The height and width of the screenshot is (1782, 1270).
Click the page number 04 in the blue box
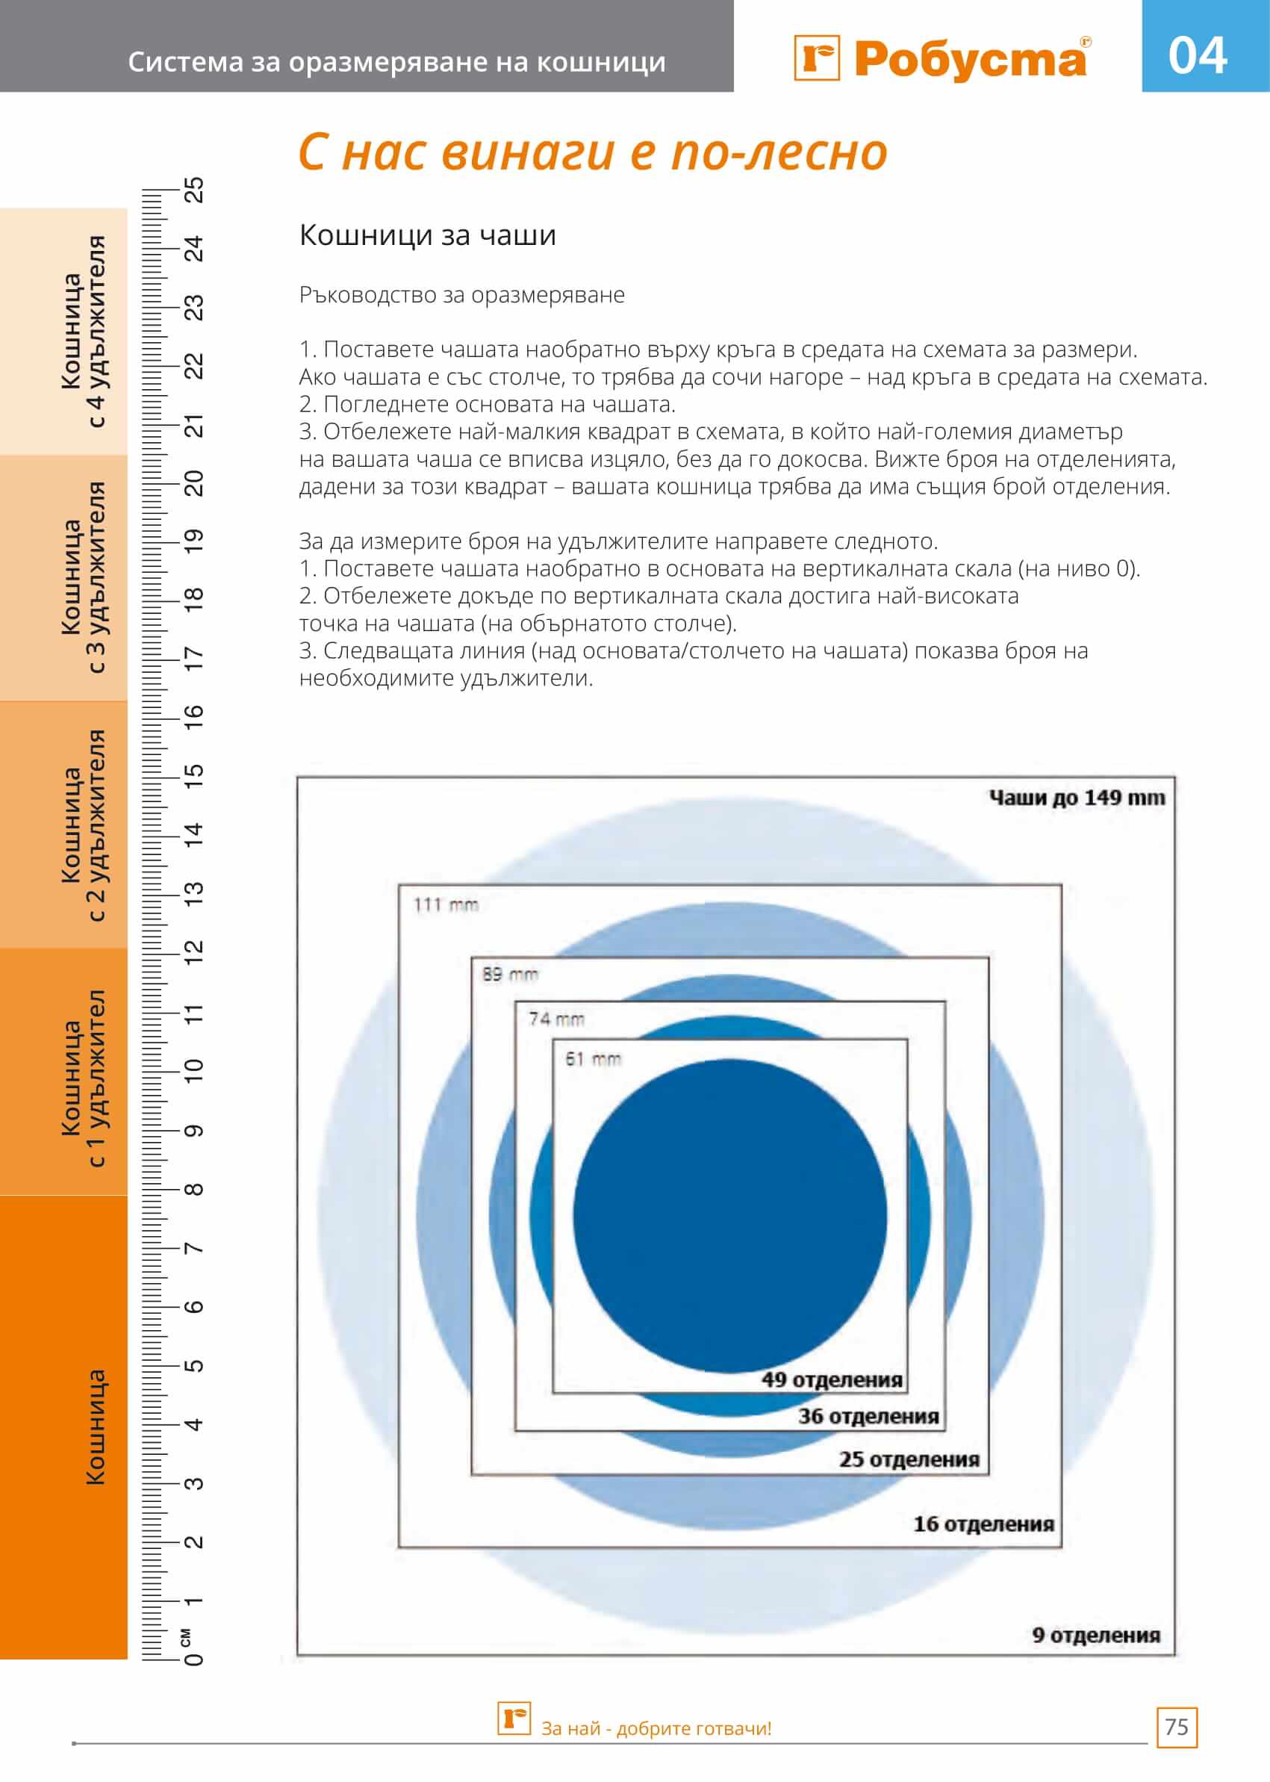pos(1198,55)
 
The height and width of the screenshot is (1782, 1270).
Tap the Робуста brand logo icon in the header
pos(817,58)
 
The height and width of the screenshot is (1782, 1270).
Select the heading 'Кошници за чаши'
pos(427,235)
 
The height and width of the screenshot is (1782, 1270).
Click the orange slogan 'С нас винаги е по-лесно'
pos(593,152)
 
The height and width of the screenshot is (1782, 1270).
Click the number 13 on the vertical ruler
pos(193,892)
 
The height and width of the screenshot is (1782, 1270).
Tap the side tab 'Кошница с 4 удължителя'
pos(84,331)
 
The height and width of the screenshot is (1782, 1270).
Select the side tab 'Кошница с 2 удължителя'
pos(84,825)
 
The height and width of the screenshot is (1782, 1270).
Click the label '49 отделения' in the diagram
pos(832,1380)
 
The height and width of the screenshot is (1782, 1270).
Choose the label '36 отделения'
pos(868,1416)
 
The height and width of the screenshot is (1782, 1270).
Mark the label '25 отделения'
pos(909,1459)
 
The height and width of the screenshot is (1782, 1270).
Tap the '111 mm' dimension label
pos(446,905)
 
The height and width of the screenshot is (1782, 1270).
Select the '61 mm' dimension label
pos(593,1059)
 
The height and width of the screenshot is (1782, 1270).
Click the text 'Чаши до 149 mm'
pos(1077,798)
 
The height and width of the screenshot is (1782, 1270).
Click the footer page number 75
pos(1176,1727)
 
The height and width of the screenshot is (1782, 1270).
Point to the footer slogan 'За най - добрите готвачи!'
pos(656,1728)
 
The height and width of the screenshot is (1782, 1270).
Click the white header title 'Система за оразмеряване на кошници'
pos(396,62)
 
